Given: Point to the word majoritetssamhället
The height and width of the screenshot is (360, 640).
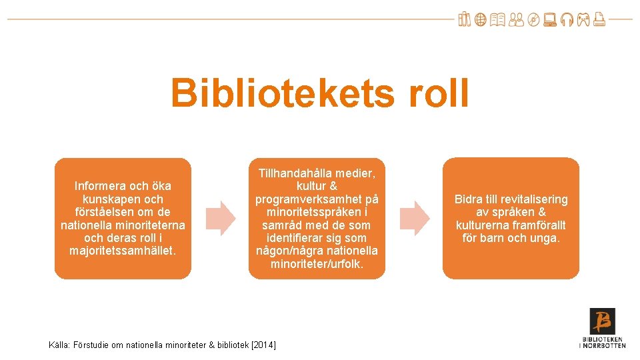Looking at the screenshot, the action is pyautogui.click(x=123, y=251).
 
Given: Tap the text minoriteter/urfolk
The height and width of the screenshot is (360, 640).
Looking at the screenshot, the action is pyautogui.click(x=317, y=264).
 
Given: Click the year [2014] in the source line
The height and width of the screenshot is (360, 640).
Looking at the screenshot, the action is pyautogui.click(x=263, y=345).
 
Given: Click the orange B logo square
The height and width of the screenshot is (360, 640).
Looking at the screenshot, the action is pyautogui.click(x=602, y=321).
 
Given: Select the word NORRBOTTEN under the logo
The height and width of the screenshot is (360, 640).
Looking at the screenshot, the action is pyautogui.click(x=604, y=345).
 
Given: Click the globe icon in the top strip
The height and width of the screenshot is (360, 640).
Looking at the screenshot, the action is pyautogui.click(x=480, y=20).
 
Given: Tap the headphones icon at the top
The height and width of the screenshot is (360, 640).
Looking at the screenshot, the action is pyautogui.click(x=566, y=20).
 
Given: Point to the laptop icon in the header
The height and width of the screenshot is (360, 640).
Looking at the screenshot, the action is pyautogui.click(x=549, y=20).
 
